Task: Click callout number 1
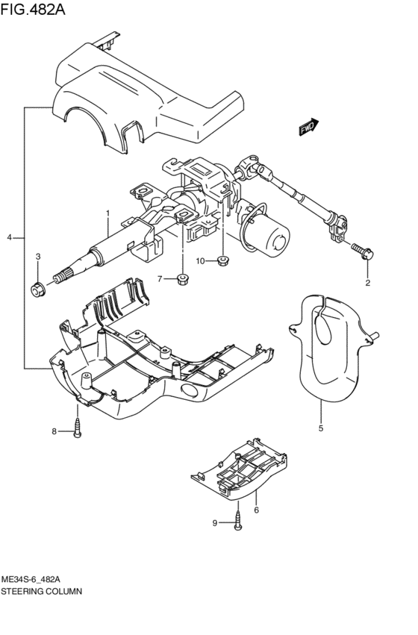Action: (107, 213)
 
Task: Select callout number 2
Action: (367, 282)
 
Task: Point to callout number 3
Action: (38, 257)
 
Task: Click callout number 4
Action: (10, 237)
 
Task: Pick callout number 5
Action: (321, 428)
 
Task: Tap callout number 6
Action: (256, 510)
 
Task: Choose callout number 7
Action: (159, 278)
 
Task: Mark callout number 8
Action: (54, 431)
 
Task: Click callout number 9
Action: (215, 523)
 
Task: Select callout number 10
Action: (201, 260)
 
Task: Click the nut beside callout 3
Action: (37, 289)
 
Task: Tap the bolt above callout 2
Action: (364, 251)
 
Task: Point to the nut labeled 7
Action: (181, 280)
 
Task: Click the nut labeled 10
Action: (222, 260)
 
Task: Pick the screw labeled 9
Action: (237, 519)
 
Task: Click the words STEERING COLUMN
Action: (42, 589)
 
